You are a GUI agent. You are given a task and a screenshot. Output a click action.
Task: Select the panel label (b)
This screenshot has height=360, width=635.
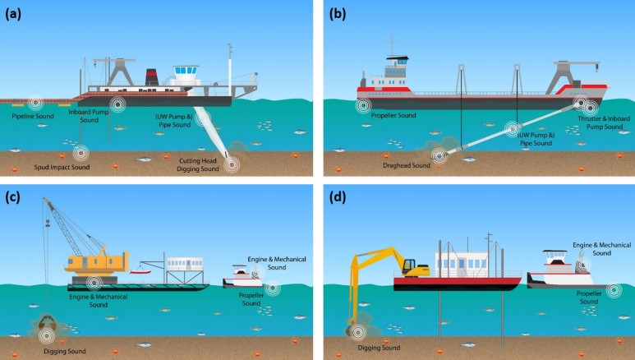tap(337, 13)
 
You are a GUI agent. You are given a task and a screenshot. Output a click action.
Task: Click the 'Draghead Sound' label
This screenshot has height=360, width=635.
tap(407, 164)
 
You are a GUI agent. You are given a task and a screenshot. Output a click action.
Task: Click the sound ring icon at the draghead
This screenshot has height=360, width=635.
tap(440, 153)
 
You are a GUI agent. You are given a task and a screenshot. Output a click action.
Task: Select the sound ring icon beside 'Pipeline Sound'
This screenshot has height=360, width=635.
tap(35, 103)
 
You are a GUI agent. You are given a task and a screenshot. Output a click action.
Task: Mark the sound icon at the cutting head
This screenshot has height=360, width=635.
tap(233, 164)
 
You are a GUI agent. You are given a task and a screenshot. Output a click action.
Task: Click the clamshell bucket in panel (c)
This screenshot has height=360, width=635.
tap(43, 323)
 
